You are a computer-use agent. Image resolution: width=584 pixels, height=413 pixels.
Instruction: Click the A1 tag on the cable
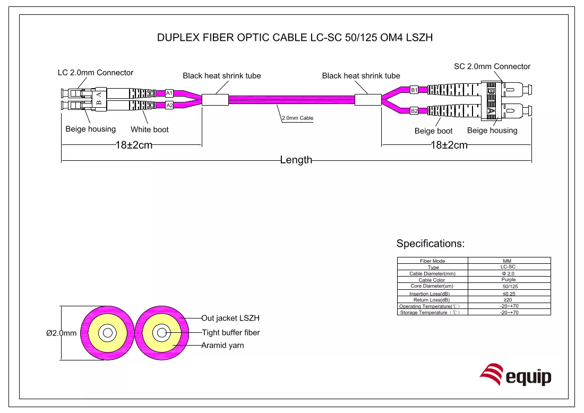(x=169, y=93)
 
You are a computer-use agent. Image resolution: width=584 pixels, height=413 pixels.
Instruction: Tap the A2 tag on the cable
(x=169, y=106)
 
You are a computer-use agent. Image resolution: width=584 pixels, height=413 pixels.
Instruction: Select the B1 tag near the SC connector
(x=414, y=90)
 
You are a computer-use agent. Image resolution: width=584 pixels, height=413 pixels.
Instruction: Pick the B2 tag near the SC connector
(x=414, y=110)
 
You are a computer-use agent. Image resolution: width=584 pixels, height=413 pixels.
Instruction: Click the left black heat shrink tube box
(x=215, y=100)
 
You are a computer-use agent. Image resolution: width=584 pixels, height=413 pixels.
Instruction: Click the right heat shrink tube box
(x=368, y=100)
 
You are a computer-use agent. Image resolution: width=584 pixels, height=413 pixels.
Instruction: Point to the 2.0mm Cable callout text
(x=298, y=118)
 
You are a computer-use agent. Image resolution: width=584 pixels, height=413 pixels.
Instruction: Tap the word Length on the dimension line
(x=296, y=160)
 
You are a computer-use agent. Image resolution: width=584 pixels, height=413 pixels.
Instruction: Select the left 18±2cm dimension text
(x=134, y=145)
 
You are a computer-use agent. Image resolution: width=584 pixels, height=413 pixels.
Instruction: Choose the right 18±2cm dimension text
(x=449, y=145)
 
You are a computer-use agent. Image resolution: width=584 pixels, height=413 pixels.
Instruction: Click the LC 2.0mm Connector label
(x=96, y=73)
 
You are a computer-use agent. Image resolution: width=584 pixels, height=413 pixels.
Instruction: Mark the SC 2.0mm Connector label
(x=492, y=66)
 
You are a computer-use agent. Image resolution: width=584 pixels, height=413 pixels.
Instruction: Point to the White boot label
(x=149, y=130)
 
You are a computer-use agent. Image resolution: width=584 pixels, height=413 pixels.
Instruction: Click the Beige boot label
(x=434, y=131)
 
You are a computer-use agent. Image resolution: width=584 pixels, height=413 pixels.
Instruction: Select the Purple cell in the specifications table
(x=509, y=280)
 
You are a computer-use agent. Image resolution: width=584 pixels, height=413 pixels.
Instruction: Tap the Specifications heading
(x=431, y=244)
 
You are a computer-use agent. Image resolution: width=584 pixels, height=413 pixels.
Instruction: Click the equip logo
(x=516, y=375)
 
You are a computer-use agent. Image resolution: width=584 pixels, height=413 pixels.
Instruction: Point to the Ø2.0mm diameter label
(x=62, y=333)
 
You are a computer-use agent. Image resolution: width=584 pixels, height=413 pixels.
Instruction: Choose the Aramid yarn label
(x=223, y=345)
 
